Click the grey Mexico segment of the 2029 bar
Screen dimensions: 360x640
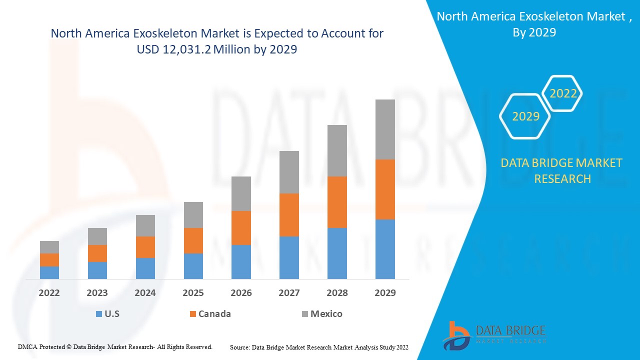pos(385,129)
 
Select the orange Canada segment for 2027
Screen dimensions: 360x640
pos(289,215)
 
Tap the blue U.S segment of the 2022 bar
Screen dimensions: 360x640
pos(49,272)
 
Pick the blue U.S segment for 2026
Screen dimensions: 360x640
pos(241,261)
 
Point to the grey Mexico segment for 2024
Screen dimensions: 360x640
pos(145,225)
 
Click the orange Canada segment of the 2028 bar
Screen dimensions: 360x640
pos(337,202)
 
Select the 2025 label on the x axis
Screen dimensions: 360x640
pos(193,292)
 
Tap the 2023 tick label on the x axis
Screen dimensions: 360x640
pos(97,292)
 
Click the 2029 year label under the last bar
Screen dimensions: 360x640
pos(385,292)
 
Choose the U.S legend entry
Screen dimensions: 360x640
pos(108,314)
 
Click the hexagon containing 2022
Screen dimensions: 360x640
pos(563,93)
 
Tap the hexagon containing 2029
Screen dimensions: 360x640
pos(525,116)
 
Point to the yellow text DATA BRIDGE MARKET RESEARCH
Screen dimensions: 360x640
pos(562,170)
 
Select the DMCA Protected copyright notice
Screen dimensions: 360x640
pos(115,346)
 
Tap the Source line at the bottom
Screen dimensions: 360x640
pos(319,346)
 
